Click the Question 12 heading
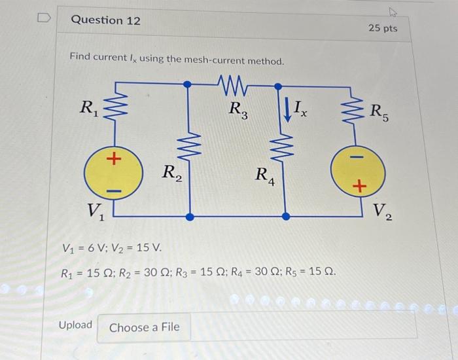pyautogui.click(x=105, y=20)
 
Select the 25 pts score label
pyautogui.click(x=382, y=28)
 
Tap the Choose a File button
pyautogui.click(x=144, y=327)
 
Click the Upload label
pyautogui.click(x=75, y=325)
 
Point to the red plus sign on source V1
pyautogui.click(x=113, y=159)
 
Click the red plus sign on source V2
pyautogui.click(x=358, y=187)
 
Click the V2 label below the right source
pyautogui.click(x=383, y=211)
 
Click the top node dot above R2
pyautogui.click(x=188, y=84)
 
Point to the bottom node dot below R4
pyautogui.click(x=286, y=215)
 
